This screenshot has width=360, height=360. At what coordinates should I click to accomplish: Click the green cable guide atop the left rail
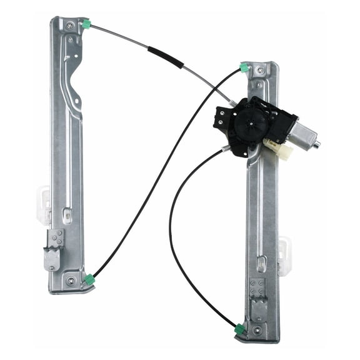pos(86,24)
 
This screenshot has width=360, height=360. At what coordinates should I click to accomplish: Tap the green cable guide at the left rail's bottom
pos(89,279)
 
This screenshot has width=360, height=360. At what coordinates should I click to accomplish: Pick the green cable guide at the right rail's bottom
pos(240,329)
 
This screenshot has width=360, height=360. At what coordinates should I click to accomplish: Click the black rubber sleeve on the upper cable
pos(166,57)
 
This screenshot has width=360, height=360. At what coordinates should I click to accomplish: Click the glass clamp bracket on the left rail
pos(54,248)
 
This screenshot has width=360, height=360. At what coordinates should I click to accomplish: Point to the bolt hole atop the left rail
pos(70,26)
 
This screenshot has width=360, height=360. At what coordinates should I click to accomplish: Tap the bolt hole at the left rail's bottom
pos(70,281)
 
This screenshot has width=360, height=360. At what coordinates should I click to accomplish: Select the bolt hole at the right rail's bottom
pos(260,329)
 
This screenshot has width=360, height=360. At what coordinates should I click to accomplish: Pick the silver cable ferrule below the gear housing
pos(225,149)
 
